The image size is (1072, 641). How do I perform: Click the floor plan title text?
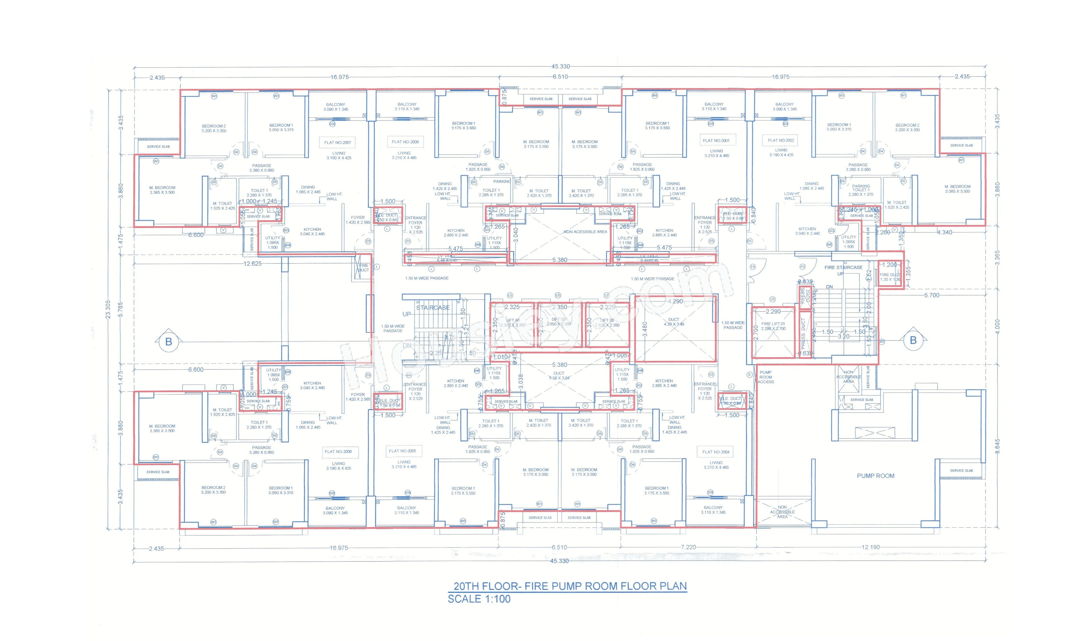pyautogui.click(x=569, y=586)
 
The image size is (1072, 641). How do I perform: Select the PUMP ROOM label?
pyautogui.click(x=875, y=476)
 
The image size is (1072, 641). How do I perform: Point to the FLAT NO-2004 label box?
pyautogui.click(x=716, y=452)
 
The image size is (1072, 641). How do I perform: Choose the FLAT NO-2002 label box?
pyautogui.click(x=781, y=140)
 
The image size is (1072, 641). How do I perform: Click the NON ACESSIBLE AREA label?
pyautogui.click(x=585, y=232)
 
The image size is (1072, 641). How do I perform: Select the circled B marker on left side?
pyautogui.click(x=169, y=341)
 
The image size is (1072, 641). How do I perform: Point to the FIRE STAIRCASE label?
pyautogui.click(x=843, y=267)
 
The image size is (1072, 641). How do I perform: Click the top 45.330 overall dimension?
pyautogui.click(x=560, y=66)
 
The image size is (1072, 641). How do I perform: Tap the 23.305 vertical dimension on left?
pyautogui.click(x=108, y=309)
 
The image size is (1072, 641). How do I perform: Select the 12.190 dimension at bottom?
pyautogui.click(x=870, y=547)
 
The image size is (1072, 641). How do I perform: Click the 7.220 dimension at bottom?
pyautogui.click(x=688, y=547)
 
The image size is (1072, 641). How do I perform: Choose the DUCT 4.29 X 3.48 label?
pyautogui.click(x=674, y=322)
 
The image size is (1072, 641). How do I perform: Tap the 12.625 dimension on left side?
pyautogui.click(x=252, y=263)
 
